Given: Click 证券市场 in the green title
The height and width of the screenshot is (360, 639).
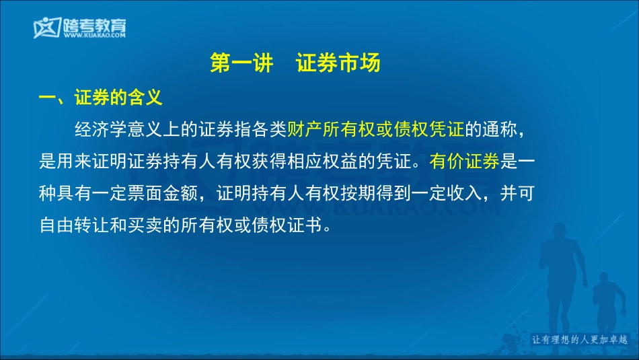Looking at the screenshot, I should point(338,63).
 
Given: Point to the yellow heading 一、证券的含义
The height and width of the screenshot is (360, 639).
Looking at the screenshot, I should point(100,98).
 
